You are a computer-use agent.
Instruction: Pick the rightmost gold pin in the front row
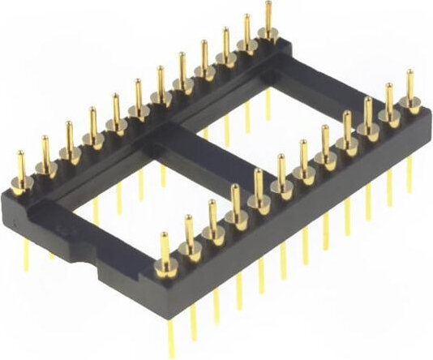pos(410,90)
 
